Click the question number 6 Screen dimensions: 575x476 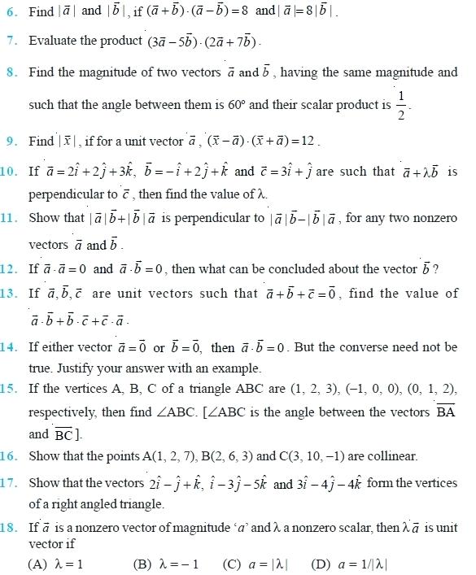coord(13,11)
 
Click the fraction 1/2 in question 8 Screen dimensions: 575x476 coord(400,104)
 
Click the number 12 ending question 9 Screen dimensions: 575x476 coord(308,142)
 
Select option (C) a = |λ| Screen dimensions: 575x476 coord(256,564)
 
